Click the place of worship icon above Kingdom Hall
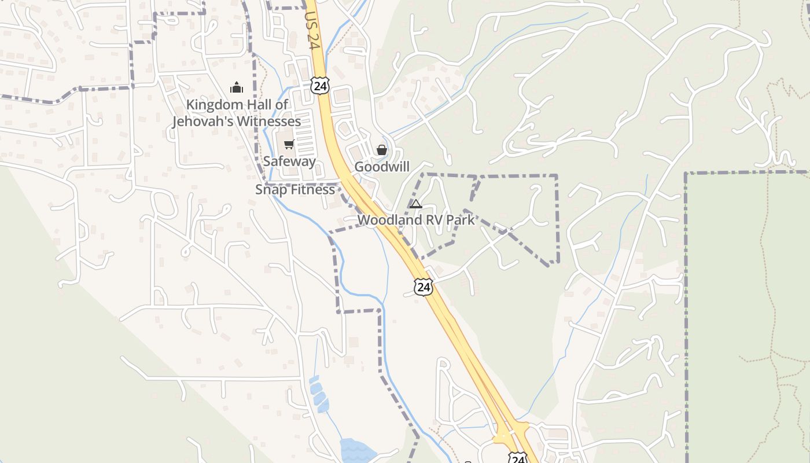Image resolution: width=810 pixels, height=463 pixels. point(236,87)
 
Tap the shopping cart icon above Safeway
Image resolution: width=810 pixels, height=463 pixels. point(289,144)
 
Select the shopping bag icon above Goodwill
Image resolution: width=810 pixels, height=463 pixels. point(382,150)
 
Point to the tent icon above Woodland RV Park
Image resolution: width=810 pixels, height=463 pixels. point(415,204)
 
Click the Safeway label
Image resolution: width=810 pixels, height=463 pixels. point(289,161)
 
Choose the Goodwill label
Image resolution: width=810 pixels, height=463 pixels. point(382,167)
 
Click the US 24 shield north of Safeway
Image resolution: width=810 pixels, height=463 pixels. point(319,85)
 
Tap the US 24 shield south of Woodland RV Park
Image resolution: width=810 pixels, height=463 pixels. point(423,286)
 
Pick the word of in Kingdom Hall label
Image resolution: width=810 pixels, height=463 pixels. point(281,105)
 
